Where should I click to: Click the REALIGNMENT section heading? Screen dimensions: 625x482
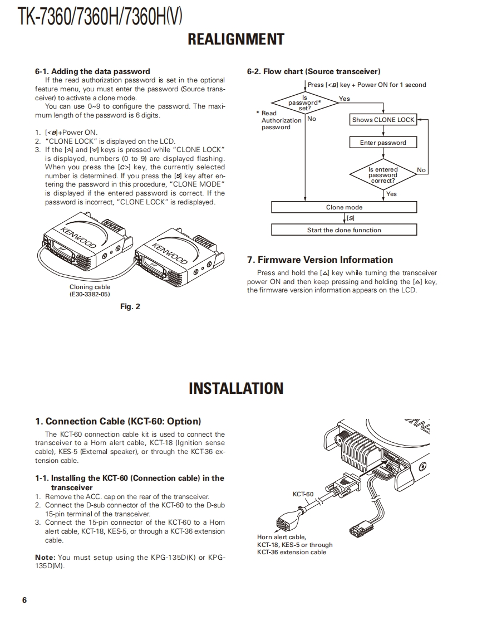(x=236, y=40)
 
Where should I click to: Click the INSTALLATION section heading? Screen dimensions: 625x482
(x=236, y=388)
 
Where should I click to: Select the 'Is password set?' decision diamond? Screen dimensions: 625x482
(x=304, y=102)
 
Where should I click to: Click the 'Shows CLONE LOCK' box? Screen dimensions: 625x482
(x=383, y=120)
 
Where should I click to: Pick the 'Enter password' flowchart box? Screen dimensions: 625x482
(x=383, y=143)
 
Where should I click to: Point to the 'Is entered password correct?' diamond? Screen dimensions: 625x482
(x=383, y=175)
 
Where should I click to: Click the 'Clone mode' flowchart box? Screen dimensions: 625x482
(x=343, y=207)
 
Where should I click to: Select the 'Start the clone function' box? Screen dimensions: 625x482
(x=343, y=230)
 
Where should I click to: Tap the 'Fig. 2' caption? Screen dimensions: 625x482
(x=130, y=307)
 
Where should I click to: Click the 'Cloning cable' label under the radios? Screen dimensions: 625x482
(x=90, y=287)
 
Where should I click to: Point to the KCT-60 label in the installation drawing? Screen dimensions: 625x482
(x=303, y=494)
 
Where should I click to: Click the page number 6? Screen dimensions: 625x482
(x=24, y=600)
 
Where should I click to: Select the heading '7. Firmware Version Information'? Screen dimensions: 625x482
(x=319, y=260)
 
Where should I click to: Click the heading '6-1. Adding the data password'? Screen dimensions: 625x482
(x=92, y=71)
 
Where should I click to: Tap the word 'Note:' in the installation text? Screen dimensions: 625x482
(x=45, y=557)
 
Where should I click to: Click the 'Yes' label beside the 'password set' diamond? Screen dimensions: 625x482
(x=345, y=99)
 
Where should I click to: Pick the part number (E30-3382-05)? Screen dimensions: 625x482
(x=90, y=294)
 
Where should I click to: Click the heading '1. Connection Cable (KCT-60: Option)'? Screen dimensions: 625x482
(x=118, y=421)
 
